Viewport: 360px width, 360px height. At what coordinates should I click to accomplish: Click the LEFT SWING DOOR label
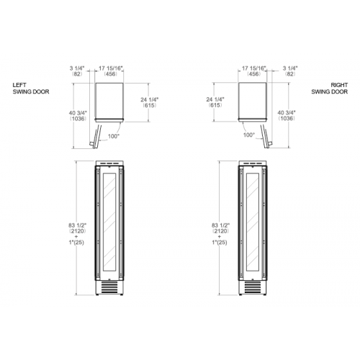coord(31,89)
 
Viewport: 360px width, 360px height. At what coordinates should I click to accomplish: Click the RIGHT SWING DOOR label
coord(330,89)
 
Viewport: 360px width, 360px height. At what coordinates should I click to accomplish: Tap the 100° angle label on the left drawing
coord(114,136)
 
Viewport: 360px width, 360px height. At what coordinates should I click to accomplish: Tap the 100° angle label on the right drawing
coord(249,135)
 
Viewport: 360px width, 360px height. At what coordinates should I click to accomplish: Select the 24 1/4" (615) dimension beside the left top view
coord(150,102)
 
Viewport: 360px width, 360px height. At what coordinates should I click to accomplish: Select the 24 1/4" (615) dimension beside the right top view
coord(215,102)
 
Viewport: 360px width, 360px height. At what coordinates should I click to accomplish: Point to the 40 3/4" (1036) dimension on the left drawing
coord(78,116)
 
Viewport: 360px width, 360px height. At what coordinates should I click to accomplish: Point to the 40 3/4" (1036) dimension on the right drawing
coord(287,115)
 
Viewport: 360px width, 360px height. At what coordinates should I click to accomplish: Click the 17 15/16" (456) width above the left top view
coord(111,71)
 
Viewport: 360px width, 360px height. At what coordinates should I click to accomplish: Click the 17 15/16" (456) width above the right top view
coord(254,71)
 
